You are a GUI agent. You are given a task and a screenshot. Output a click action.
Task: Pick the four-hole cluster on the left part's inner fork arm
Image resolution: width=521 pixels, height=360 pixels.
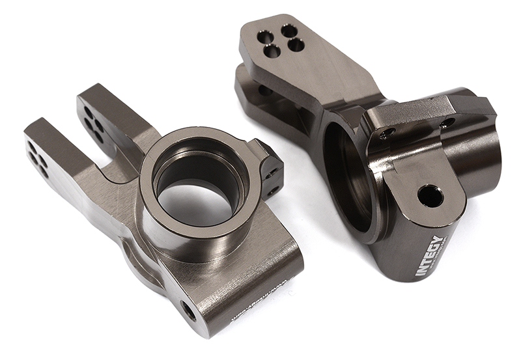click(94, 124)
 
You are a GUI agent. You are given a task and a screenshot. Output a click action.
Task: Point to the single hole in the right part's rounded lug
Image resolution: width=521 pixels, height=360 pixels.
click(430, 195)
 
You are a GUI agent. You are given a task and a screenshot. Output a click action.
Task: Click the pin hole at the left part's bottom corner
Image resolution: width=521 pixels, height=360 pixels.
click(190, 310)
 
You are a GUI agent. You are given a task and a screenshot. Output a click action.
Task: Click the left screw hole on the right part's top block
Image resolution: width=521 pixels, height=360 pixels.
click(387, 133)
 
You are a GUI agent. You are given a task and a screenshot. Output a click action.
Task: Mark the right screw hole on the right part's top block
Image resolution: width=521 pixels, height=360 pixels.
click(447, 122)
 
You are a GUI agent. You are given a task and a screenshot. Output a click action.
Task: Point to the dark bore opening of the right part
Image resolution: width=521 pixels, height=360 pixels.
click(345, 176)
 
